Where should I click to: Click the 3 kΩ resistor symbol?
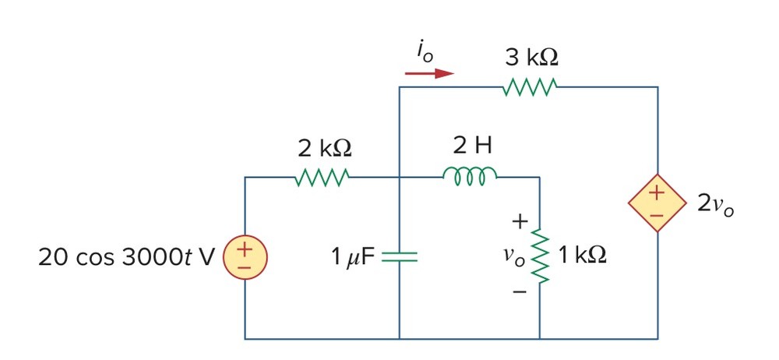530,87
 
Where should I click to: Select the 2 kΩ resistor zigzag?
323,178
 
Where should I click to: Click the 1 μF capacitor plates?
400,256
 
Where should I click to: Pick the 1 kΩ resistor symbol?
540,256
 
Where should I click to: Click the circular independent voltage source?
245,257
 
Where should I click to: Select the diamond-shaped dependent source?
657,203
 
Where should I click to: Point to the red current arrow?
429,73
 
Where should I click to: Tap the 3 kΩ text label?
531,58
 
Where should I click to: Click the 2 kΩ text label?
324,148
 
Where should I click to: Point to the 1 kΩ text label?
582,256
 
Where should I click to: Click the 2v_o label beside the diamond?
715,204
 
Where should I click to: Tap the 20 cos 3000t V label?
127,258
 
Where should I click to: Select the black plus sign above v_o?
520,222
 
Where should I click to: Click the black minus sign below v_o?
520,291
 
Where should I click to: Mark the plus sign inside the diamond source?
657,193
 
